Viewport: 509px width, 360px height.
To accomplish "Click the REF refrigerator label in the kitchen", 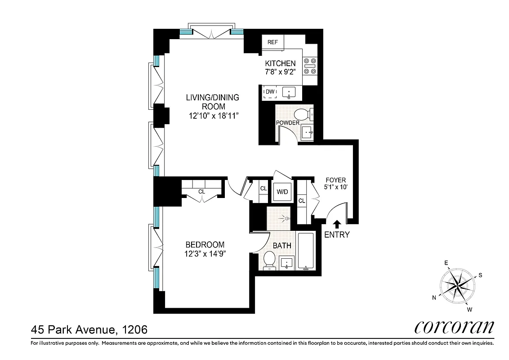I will click(x=273, y=42).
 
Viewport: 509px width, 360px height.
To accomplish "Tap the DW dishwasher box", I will click(x=270, y=92).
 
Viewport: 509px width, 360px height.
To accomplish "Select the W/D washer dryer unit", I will click(x=282, y=192).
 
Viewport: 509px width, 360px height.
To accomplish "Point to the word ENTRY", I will click(x=337, y=234).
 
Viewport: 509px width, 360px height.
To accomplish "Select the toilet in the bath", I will click(x=269, y=261).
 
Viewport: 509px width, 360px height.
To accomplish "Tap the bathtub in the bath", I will click(x=306, y=252).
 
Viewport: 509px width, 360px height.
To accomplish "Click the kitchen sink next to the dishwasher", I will click(x=289, y=93).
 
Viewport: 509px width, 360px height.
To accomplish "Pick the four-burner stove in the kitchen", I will click(x=310, y=66).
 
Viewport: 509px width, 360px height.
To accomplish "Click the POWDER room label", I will click(x=288, y=122).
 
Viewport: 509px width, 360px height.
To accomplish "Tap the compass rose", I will click(x=456, y=284).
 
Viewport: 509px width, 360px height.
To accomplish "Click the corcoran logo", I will click(x=454, y=327).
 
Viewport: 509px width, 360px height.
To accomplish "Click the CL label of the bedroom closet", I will click(x=202, y=192).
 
